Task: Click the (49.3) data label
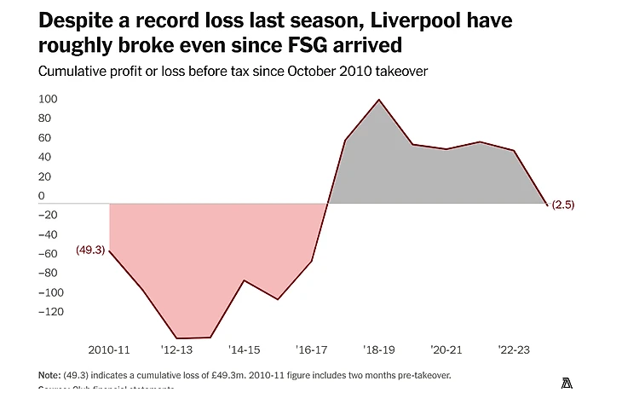pos(89,250)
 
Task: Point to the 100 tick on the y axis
pos(47,99)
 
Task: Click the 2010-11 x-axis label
pos(109,350)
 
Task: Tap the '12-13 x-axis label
pos(177,350)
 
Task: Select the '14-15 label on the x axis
pos(245,350)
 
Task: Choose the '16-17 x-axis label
pos(312,350)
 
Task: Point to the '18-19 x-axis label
pos(379,350)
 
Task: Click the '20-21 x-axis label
pos(446,350)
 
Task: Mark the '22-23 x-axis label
pos(514,350)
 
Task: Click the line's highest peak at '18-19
pos(378,100)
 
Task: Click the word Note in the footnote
pos(49,375)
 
